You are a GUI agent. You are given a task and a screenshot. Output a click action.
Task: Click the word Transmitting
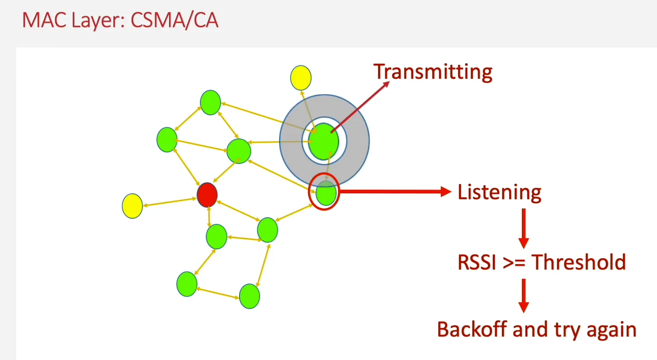coord(433,72)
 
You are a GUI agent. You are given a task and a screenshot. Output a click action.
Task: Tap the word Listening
coord(499,193)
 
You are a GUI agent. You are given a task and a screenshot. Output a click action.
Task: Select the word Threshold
coord(579,263)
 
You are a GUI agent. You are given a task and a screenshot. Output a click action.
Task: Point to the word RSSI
coord(477,263)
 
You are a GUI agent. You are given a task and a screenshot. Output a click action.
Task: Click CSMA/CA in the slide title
coord(174,21)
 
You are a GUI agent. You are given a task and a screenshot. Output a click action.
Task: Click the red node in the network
coord(207,195)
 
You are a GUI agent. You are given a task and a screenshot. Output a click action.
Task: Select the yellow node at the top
coord(301,78)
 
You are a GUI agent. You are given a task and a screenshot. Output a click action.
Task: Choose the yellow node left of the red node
coord(132,206)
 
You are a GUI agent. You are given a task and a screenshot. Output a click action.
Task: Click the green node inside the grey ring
coord(324,141)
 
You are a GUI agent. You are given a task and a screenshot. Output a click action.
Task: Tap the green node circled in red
coord(326,193)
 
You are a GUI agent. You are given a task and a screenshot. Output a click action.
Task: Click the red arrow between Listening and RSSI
coord(524,228)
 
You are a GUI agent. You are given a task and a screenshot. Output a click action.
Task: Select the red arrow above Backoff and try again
coord(524,295)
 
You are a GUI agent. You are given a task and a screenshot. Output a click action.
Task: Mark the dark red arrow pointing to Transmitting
coord(360,107)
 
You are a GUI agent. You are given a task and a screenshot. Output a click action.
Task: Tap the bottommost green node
coord(249,296)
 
